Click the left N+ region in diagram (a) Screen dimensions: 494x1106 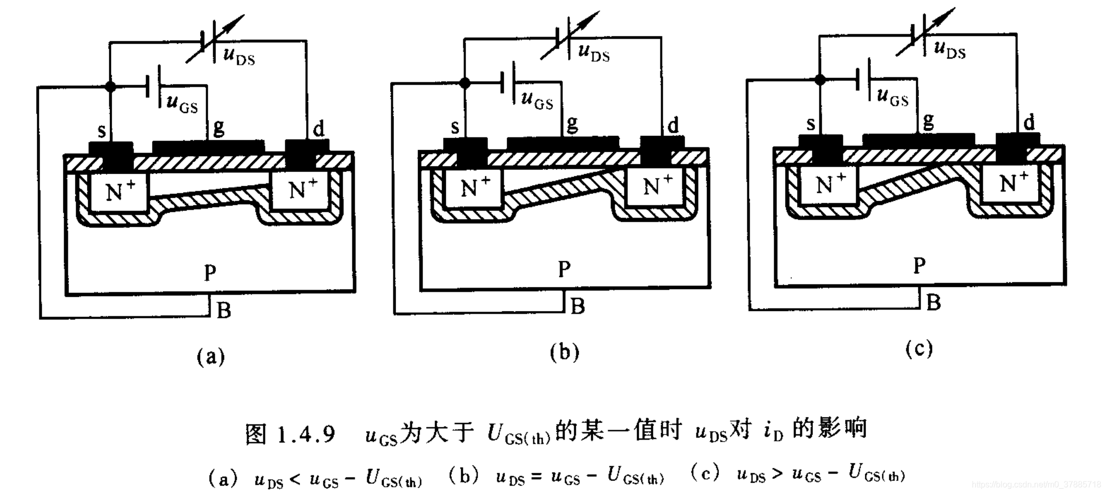[120, 191]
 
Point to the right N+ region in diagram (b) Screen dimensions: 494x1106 [658, 186]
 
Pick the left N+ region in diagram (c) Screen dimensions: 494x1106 [831, 183]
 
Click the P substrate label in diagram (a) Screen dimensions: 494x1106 [210, 272]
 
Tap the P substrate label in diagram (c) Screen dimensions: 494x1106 [919, 266]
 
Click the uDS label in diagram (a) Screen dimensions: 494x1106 [239, 55]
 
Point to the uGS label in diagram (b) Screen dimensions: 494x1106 [537, 99]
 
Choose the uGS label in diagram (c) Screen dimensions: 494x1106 [892, 97]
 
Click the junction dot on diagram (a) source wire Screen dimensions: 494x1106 [110, 86]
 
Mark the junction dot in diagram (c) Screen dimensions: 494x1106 [820, 79]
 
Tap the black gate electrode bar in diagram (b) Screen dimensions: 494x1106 [563, 142]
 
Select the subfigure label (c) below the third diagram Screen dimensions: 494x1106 [919, 349]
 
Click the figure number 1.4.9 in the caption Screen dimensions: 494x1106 [306, 434]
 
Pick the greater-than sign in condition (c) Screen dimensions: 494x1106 [778, 474]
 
